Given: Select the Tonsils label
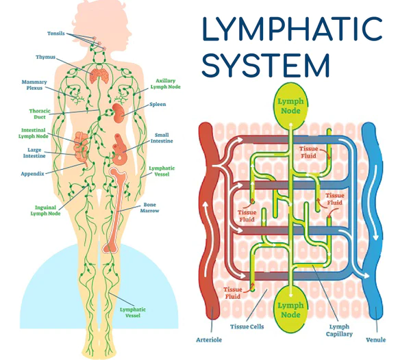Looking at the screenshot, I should [56, 34].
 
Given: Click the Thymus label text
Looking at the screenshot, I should [46, 57].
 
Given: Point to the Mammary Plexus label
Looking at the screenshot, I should [34, 86].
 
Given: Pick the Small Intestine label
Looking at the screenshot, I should [162, 138].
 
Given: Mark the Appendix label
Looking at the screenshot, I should [32, 174].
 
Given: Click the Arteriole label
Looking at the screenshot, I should [209, 339].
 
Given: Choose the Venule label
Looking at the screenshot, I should [376, 339].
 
